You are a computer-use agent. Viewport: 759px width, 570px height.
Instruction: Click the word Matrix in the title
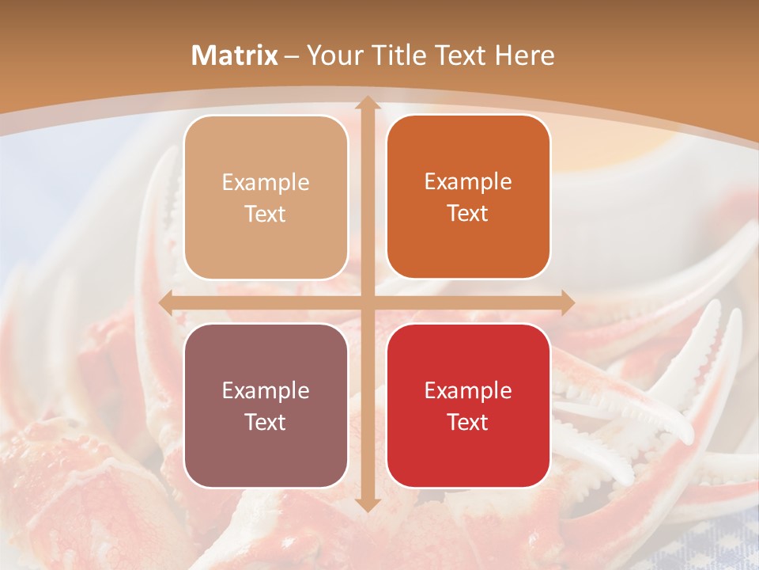coord(235,55)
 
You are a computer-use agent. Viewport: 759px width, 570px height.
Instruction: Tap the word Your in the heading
coord(332,55)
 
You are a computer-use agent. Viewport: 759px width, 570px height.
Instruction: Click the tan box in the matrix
coord(266,197)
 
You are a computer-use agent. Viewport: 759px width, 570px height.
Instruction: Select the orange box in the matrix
coord(468,197)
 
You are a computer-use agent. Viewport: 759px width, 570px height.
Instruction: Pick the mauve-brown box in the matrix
coord(266,405)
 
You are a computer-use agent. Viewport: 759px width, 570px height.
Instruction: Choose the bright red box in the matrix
coord(468,405)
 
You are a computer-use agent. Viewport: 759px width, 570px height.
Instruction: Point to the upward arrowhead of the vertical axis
coord(366,104)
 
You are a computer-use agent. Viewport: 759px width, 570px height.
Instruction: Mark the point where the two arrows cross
coord(366,302)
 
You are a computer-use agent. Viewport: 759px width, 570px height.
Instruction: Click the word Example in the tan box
coord(266,183)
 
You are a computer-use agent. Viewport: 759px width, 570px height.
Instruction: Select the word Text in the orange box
coord(468,214)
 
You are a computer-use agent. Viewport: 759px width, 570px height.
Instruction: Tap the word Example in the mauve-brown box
coord(266,391)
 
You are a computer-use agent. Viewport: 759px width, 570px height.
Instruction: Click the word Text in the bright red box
coord(468,422)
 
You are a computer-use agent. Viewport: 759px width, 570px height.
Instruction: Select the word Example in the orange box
coord(468,182)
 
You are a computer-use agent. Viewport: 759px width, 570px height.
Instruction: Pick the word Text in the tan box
coord(266,215)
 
